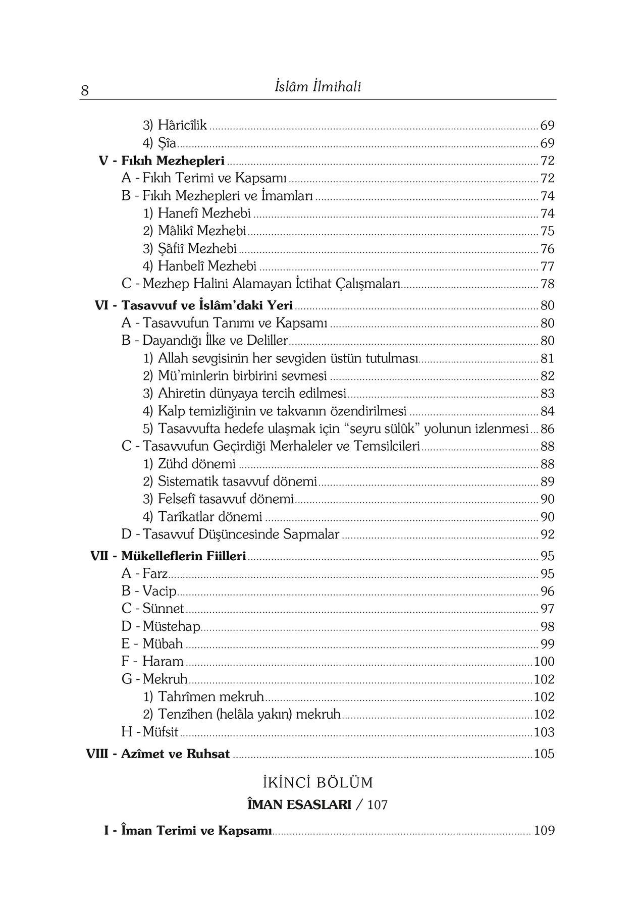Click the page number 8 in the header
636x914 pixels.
[85, 91]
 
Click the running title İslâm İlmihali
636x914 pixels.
[317, 87]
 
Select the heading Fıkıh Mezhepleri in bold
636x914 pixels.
[173, 161]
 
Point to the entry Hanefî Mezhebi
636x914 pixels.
[204, 213]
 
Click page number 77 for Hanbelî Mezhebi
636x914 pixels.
[547, 266]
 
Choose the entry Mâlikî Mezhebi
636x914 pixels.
[201, 231]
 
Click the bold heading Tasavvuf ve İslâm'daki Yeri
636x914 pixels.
[207, 305]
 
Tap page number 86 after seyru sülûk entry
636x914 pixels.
[547, 429]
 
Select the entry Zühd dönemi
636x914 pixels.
[196, 464]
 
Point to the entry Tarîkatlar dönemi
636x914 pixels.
[210, 517]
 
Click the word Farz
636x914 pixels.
[155, 574]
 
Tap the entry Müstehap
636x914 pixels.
[171, 626]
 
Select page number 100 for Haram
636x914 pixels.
[544, 662]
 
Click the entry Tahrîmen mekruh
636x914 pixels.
[210, 697]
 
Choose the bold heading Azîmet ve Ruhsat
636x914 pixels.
[175, 754]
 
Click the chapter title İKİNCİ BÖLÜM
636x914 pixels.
[317, 783]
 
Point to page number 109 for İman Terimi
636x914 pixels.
[544, 831]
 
